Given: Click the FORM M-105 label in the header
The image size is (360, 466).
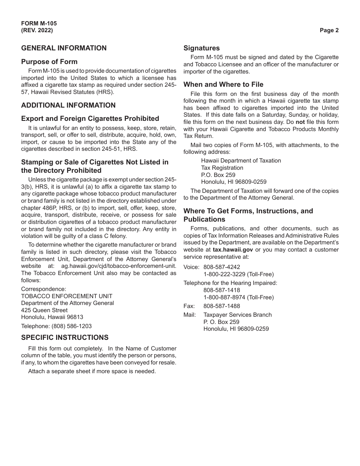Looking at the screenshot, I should (x=39, y=23).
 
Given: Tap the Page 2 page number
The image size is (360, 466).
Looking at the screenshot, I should (x=329, y=31).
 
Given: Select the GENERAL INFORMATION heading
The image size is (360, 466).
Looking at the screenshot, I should (x=64, y=48).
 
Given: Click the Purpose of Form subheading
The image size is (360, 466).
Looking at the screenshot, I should (x=49, y=62).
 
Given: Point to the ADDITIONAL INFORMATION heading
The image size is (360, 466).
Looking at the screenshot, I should (x=68, y=105).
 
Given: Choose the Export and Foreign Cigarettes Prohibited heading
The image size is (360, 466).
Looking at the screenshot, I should (x=90, y=119).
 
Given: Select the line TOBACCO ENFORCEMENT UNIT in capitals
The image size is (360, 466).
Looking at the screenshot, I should (x=67, y=296).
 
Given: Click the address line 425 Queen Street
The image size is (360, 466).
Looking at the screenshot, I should (x=44, y=310).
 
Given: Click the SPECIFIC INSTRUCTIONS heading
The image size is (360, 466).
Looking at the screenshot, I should (x=65, y=338).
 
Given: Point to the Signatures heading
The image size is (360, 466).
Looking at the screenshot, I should (x=202, y=48).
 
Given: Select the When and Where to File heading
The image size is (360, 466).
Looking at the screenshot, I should (x=223, y=84).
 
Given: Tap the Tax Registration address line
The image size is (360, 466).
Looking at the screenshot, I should (x=222, y=168).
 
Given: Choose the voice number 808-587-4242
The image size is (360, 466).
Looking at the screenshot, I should (x=222, y=267).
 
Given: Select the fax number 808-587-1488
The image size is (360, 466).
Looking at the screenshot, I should (x=222, y=306).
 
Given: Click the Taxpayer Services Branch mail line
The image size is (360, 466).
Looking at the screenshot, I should (x=238, y=315).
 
